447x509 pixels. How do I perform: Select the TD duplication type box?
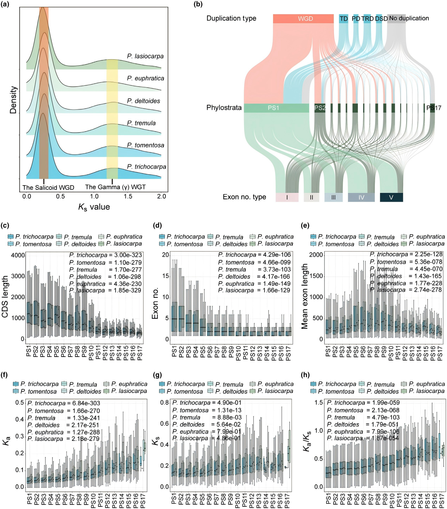(x=343, y=19)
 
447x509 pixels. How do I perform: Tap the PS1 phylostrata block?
(x=273, y=108)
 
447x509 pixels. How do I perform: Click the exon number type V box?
(x=391, y=198)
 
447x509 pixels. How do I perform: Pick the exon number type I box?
(x=287, y=198)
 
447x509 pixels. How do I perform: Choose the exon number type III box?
(x=333, y=198)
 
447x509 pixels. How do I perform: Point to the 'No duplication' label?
(x=409, y=18)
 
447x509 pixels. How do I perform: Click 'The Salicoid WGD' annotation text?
(x=48, y=187)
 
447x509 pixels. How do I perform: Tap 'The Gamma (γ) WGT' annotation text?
(x=115, y=187)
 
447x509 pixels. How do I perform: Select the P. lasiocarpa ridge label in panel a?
(x=145, y=56)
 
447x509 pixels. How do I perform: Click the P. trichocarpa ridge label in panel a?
(x=146, y=166)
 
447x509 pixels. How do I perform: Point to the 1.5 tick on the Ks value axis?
(x=128, y=196)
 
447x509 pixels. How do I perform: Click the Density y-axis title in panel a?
(x=13, y=99)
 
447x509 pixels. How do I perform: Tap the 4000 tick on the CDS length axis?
(x=18, y=255)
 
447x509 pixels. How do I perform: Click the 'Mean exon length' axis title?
(x=305, y=296)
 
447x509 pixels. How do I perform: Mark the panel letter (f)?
(x=5, y=374)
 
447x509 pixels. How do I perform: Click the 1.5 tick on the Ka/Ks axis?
(x=318, y=403)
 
